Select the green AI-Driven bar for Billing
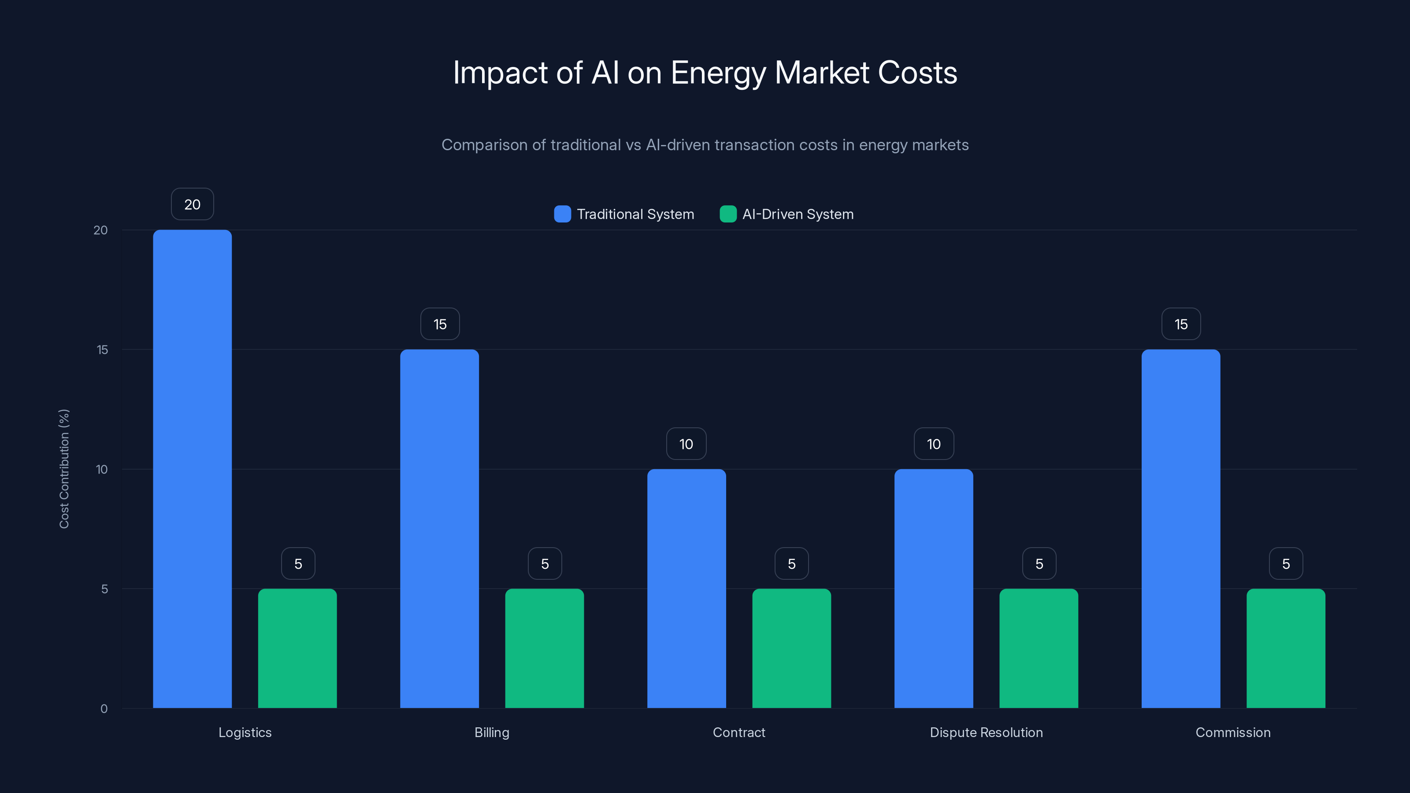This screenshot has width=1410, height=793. pos(544,648)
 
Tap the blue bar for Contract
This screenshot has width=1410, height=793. pos(686,588)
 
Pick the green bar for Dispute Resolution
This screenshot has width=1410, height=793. pos(1039,648)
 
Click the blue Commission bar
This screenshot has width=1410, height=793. pos(1181,528)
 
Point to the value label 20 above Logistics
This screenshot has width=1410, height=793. pos(192,204)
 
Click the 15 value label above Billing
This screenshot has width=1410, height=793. pos(440,324)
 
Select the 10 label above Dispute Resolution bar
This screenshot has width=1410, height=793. pos(934,444)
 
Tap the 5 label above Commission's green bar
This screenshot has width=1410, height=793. pos(1286,564)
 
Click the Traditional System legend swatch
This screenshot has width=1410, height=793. pos(562,214)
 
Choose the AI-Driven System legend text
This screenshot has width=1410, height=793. pos(798,214)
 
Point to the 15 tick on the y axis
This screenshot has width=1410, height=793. pos(102,350)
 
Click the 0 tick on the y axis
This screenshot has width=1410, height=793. pos(104,709)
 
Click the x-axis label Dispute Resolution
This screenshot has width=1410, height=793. pos(986,732)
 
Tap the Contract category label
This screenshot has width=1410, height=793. pos(738,732)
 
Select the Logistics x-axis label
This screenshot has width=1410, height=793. pos(245,732)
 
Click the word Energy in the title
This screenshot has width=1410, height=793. pos(718,73)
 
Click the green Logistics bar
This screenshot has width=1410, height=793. pos(297,648)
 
